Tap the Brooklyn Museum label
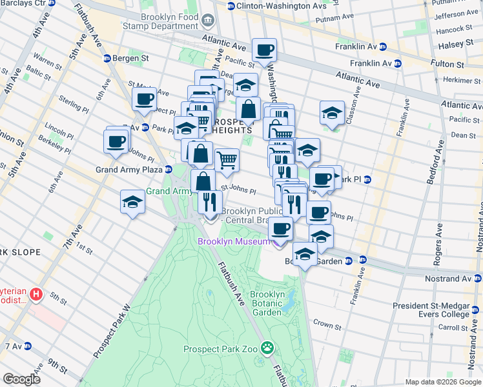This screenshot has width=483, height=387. pos(233,241)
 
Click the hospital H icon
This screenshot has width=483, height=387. pos(37,295)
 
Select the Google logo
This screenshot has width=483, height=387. pos(22,379)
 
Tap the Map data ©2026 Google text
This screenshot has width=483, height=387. pos(442,382)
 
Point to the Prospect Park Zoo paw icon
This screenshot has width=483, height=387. pos(267,349)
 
